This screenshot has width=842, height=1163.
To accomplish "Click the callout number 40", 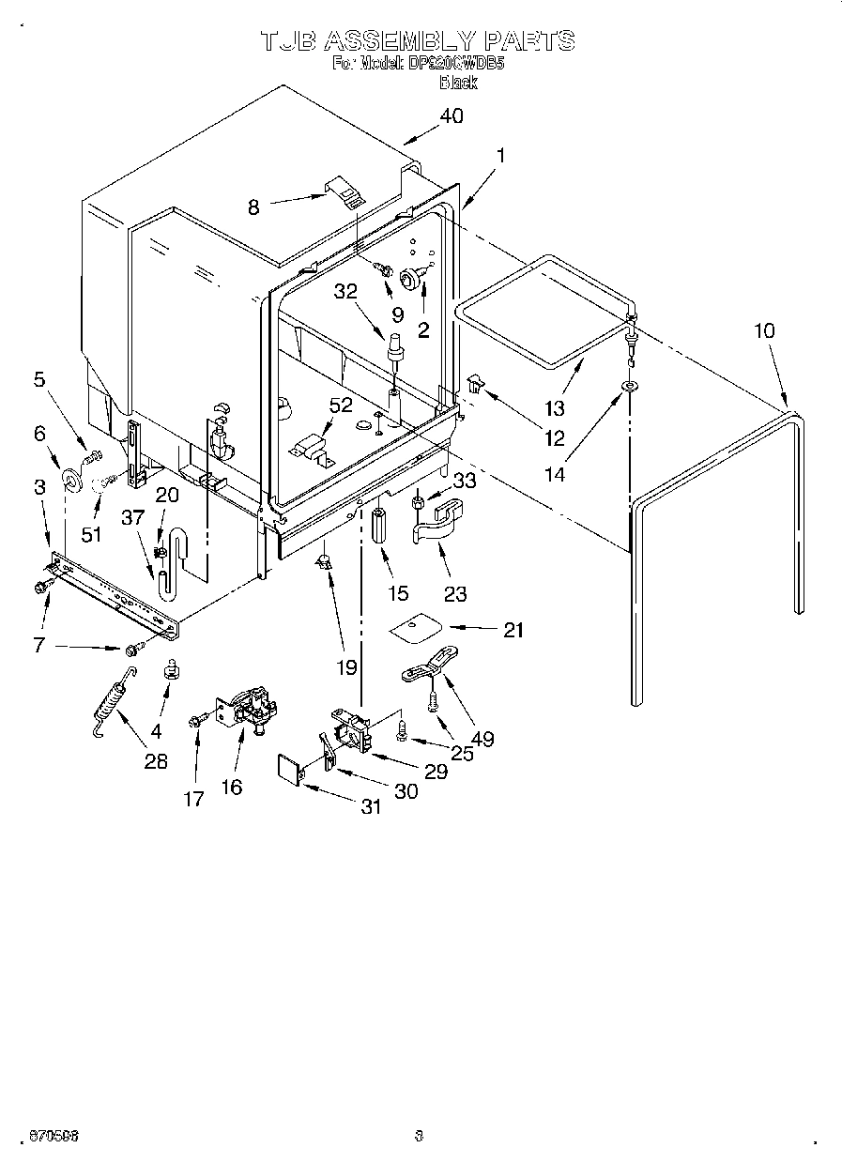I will tap(451, 116).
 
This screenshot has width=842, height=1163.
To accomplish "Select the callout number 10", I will tap(765, 330).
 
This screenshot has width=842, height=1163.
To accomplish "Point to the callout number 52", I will tap(341, 405).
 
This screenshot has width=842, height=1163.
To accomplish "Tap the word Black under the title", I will tap(458, 83).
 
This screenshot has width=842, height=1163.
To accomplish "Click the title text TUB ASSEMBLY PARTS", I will tap(417, 40).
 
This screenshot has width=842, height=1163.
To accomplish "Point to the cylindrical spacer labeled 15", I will tap(380, 527).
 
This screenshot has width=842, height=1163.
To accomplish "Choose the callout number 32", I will tap(345, 291).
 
